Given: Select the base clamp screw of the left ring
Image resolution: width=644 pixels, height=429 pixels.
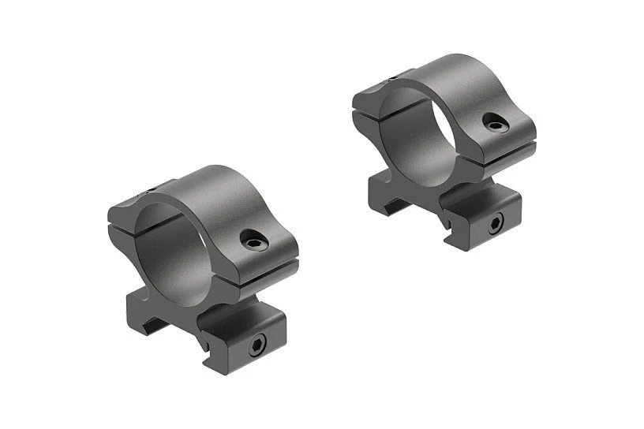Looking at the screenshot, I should [258, 345].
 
